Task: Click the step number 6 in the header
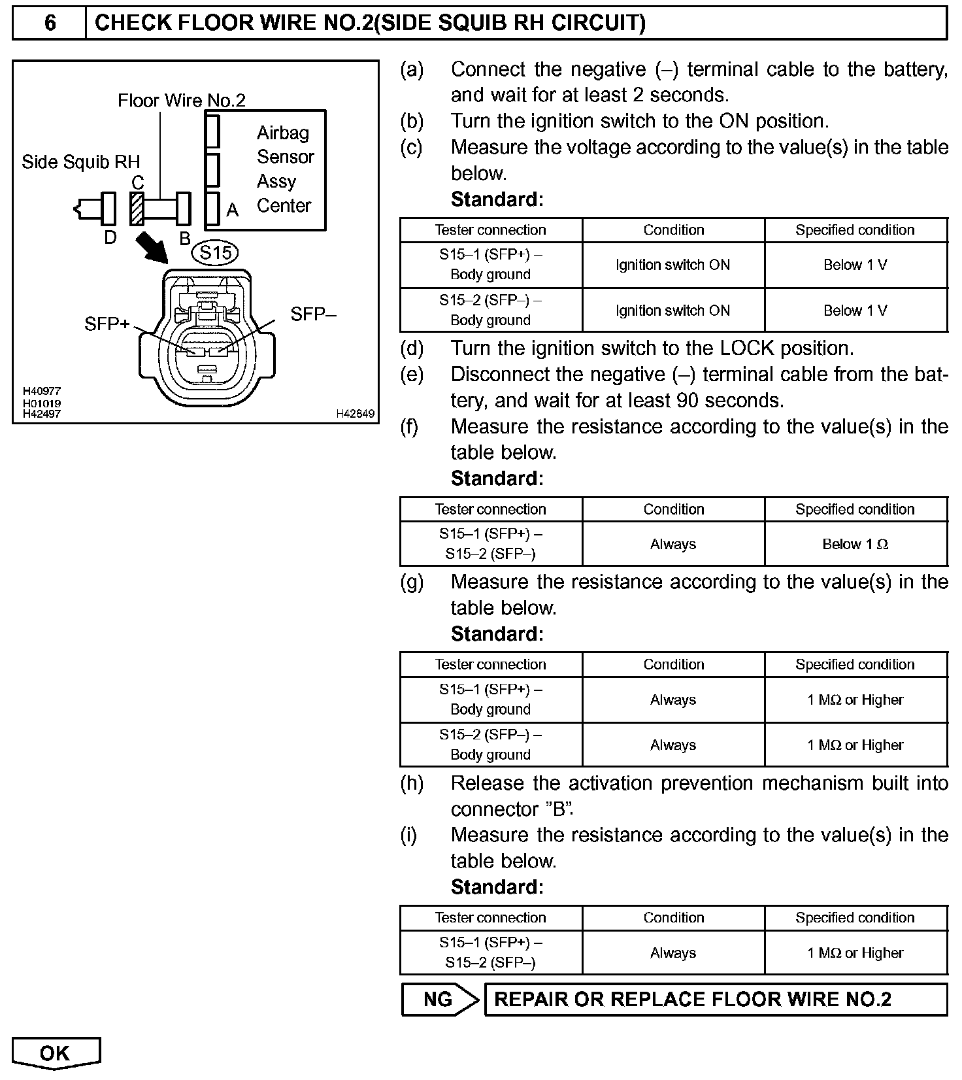click(50, 24)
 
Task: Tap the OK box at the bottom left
click(56, 1053)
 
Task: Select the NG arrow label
click(439, 1000)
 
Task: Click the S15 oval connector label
click(215, 252)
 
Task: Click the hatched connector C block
click(137, 209)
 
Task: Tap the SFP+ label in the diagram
click(107, 324)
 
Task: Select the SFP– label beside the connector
click(313, 314)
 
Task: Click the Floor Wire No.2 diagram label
click(182, 101)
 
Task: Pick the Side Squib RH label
click(81, 162)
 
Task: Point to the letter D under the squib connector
click(110, 237)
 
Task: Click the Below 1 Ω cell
click(855, 544)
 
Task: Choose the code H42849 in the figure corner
click(356, 413)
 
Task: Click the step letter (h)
click(412, 783)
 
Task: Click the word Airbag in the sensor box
click(282, 133)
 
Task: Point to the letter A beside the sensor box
click(232, 211)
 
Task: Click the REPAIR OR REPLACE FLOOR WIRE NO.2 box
click(715, 1000)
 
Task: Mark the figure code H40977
click(42, 392)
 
